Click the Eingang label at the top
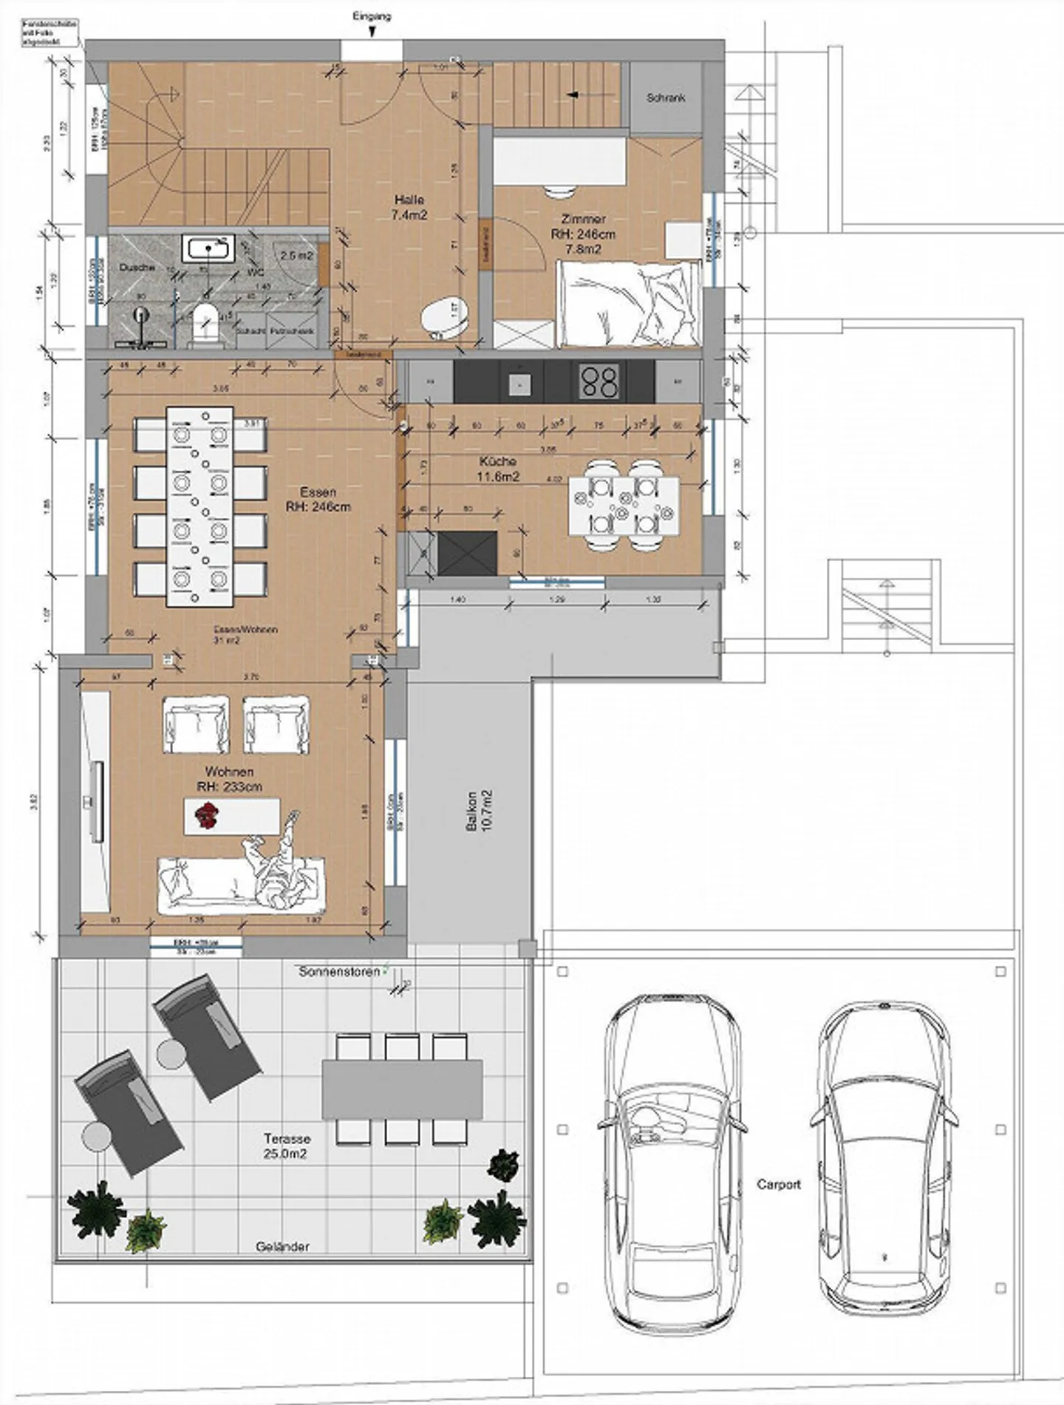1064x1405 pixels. point(372,16)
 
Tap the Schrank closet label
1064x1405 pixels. point(666,98)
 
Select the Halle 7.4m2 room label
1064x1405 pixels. point(409,208)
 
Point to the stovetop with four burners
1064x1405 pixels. point(598,382)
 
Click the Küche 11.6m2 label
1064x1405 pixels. point(497,469)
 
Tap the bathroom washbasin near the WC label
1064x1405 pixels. point(209,248)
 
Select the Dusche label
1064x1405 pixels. point(137,268)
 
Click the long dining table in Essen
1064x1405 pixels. point(199,506)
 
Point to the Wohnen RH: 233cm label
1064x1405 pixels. point(230,779)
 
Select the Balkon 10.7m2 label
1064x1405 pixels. point(479,811)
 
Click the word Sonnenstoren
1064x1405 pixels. point(339,972)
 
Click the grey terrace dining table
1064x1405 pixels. point(402,1089)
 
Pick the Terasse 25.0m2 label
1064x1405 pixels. point(286,1146)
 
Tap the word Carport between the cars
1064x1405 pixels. point(778,1184)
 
